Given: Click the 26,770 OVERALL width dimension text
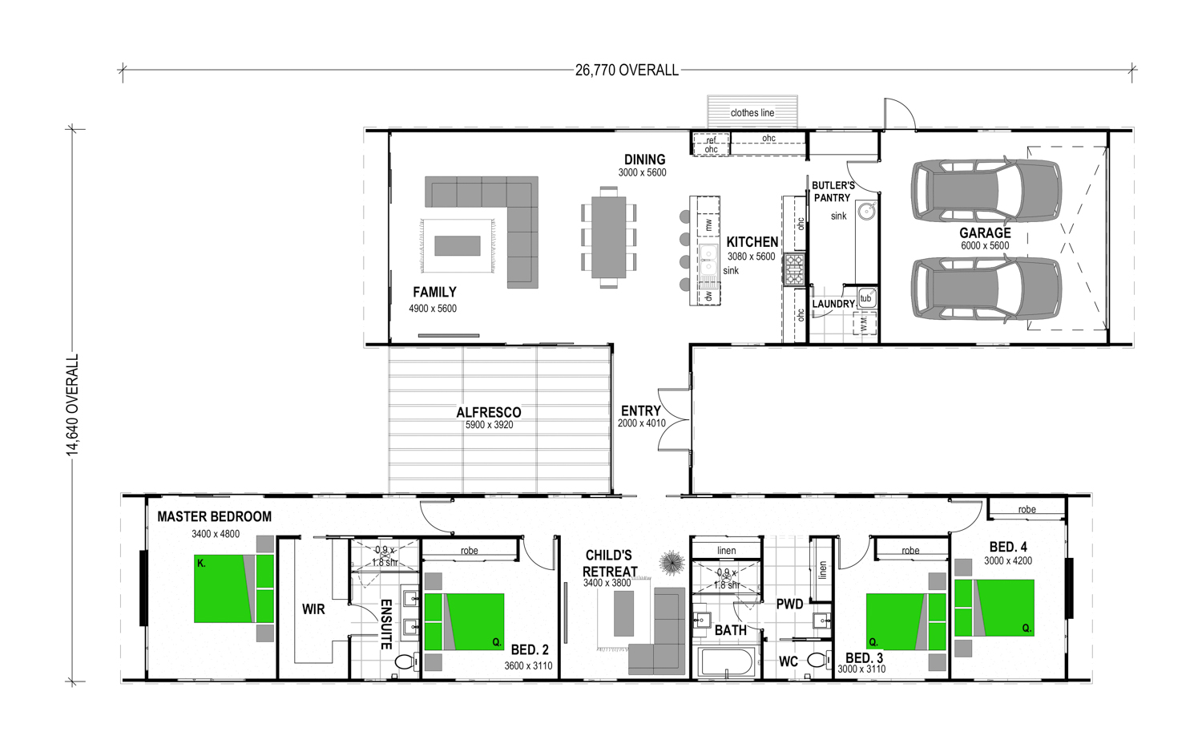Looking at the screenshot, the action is (627, 71).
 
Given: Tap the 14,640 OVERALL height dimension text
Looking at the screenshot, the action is (72, 405).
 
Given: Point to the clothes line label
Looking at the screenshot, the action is (752, 113).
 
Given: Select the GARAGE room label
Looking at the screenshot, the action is (985, 233).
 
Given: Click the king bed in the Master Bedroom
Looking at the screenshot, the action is (234, 588).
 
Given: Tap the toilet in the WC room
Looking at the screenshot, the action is (818, 660).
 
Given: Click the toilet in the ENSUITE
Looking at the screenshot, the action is (407, 662).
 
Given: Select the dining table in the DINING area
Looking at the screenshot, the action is (608, 237).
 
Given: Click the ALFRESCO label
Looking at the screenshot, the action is (488, 412).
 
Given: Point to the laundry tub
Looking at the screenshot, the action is (866, 298).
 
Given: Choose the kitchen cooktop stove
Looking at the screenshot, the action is (794, 269).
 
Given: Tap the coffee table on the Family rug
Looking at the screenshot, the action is (458, 246).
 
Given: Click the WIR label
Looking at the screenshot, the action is (313, 609).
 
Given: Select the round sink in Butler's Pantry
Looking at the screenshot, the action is (866, 211).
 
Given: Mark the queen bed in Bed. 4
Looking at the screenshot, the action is (994, 608).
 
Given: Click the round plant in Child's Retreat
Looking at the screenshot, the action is (672, 563).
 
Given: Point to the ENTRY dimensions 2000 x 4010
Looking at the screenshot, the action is (641, 423).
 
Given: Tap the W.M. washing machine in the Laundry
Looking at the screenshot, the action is (864, 324).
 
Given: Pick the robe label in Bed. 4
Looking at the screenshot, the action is (1027, 509).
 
